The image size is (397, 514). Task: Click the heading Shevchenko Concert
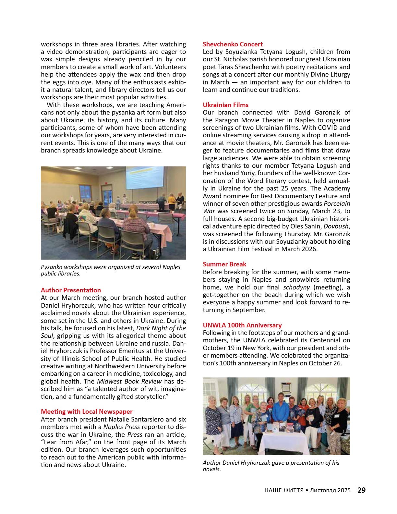(233, 44)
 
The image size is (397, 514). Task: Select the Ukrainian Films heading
(225, 105)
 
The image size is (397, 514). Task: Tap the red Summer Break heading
(224, 264)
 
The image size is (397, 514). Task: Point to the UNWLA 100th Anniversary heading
(242, 325)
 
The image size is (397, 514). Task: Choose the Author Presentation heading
(71, 290)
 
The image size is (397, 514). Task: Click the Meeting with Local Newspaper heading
(87, 411)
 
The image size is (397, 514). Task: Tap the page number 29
(361, 490)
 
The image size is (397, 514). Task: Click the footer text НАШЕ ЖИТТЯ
(284, 490)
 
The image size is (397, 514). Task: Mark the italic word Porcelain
(337, 203)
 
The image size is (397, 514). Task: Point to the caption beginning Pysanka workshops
(110, 270)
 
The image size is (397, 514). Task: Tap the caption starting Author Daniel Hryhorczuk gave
(271, 466)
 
